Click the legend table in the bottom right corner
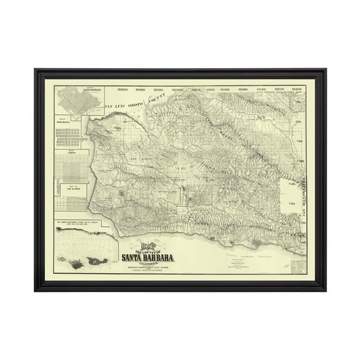pyautogui.click(x=302, y=265)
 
